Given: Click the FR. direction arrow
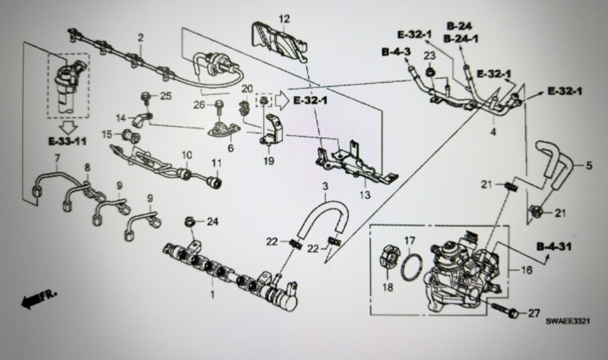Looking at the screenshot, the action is pos(40,298).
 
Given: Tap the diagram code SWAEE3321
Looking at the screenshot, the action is pos(568,321).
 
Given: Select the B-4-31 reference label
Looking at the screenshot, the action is pos(554,247).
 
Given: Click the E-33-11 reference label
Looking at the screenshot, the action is pos(67,141).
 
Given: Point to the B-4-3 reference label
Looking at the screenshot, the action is pos(396,52).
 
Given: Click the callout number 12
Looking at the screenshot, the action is pos(284,18).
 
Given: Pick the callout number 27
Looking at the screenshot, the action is pos(534,312).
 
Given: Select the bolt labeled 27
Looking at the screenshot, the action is pos(505,308).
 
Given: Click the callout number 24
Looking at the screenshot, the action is pos(213,222).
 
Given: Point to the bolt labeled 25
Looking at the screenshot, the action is pos(147,98).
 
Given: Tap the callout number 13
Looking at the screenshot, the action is pos(365,194).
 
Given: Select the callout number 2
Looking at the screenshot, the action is pos(141,37).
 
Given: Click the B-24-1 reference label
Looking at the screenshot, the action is pos(461,39).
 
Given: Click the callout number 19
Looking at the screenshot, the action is pos(269,160).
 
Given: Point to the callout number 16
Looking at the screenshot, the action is pos(526,270).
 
